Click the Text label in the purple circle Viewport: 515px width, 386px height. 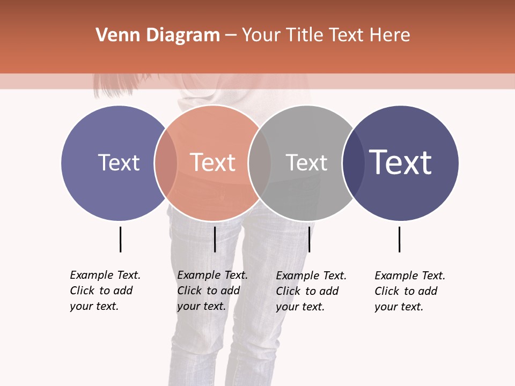tap(119, 162)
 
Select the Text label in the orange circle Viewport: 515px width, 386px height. tap(212, 162)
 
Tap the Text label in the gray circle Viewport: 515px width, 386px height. tap(306, 162)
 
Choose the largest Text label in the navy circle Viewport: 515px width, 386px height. tap(401, 162)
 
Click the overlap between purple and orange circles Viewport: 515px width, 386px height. tap(166, 162)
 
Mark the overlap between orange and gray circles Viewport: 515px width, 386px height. tap(260, 162)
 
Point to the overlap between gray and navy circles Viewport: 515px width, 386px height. tap(353, 162)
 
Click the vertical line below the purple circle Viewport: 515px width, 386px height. tap(120, 239)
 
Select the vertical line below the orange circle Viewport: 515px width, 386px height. tap(215, 239)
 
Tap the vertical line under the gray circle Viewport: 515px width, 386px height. tap(309, 239)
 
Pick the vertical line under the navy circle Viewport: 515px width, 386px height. tap(399, 239)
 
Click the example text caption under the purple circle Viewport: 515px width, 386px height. tap(105, 291)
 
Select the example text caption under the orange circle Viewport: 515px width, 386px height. tap(212, 291)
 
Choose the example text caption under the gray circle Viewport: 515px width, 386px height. tap(311, 291)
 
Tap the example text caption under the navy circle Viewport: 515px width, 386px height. tap(409, 291)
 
